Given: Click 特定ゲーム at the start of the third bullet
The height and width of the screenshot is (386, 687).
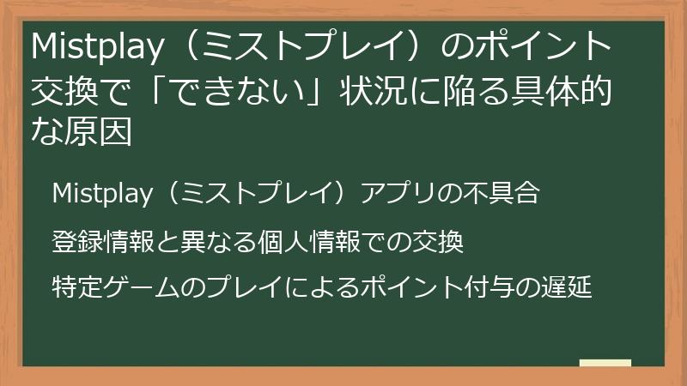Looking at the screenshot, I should [x=112, y=286].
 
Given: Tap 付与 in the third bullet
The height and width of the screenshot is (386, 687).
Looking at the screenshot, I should [x=514, y=286].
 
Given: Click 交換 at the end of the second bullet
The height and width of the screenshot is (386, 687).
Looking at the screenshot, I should [x=441, y=242].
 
